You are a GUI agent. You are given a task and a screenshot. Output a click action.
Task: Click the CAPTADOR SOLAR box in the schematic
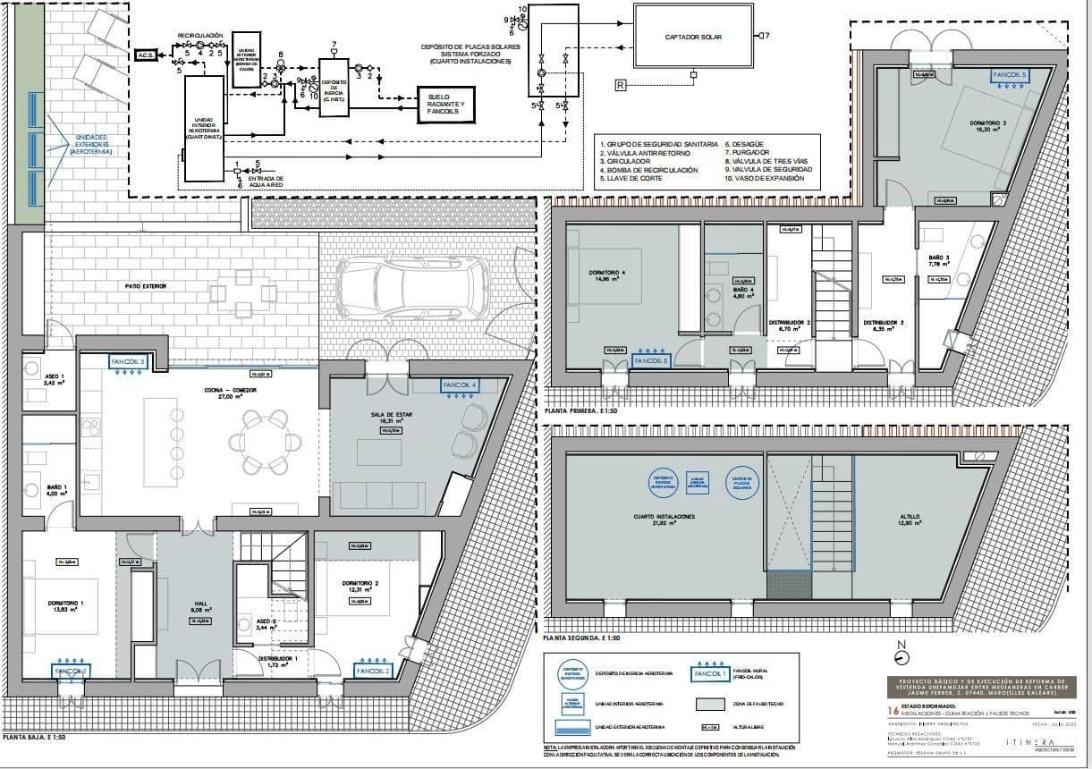coord(693,37)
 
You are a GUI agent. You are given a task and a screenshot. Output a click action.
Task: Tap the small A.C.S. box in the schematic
coord(145,55)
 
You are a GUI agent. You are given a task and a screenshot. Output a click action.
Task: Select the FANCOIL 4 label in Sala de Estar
coord(461,386)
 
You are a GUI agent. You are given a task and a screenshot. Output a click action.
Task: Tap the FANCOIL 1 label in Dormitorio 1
coord(71,671)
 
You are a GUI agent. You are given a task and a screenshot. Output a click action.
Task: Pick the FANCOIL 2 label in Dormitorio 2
coord(373,671)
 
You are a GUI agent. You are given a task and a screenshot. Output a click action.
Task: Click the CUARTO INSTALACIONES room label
coord(664,517)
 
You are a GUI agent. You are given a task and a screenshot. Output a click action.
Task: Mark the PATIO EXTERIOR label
coord(147,286)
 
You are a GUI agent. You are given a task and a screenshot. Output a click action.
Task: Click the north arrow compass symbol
coord(901,655)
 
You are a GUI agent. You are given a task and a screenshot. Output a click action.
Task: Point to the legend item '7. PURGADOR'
coord(749,152)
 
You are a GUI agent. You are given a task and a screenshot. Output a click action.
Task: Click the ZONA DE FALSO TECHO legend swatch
coord(712,704)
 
